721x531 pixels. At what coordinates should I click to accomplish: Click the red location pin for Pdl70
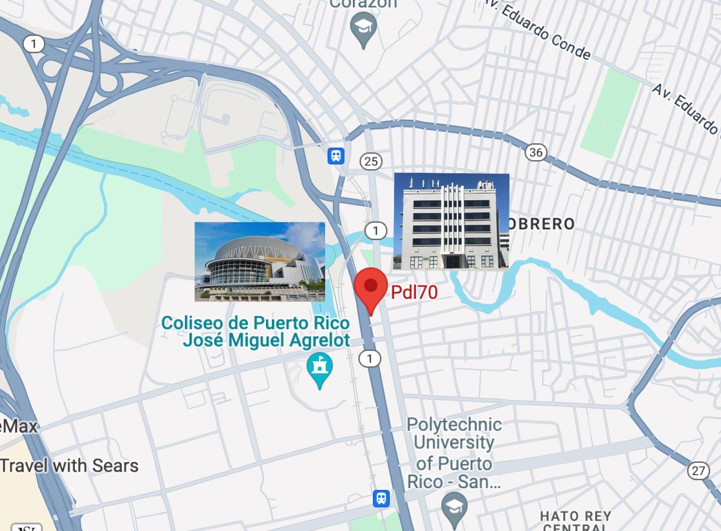(370, 288)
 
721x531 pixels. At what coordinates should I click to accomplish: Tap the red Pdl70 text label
(414, 292)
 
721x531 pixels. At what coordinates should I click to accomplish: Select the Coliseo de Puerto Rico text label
(256, 331)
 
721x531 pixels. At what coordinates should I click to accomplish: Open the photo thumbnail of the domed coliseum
(260, 261)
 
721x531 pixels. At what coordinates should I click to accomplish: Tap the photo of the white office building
(451, 221)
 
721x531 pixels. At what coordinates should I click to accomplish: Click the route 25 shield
(371, 161)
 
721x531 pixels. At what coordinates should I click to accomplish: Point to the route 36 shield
(535, 152)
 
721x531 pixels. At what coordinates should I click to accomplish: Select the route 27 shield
(698, 470)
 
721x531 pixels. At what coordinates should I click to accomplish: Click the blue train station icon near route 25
(336, 156)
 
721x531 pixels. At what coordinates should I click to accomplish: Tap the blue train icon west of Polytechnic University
(381, 498)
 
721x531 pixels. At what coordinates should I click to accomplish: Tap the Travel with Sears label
(69, 466)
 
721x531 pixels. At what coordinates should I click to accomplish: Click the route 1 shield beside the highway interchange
(34, 44)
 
